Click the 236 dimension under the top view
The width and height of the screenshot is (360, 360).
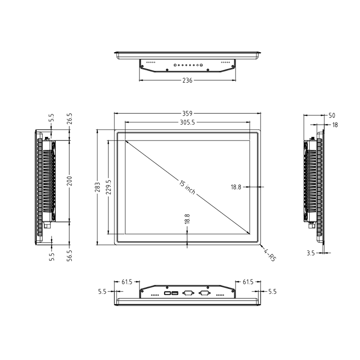click(x=187, y=81)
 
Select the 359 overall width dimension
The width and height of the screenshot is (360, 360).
click(x=187, y=113)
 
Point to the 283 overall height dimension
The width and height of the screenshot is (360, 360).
click(x=98, y=187)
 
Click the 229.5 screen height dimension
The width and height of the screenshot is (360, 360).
click(x=108, y=187)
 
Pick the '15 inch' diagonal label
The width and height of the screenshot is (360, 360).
click(x=187, y=187)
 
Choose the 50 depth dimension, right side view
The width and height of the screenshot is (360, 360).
click(x=332, y=116)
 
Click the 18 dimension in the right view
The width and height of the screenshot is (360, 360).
click(x=335, y=125)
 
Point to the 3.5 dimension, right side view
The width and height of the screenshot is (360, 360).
click(x=310, y=253)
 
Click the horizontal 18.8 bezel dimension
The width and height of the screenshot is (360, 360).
click(x=236, y=186)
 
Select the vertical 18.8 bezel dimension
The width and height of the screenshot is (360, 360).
click(x=187, y=219)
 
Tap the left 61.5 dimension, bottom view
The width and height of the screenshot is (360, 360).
click(x=127, y=282)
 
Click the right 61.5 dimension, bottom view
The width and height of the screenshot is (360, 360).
click(x=248, y=282)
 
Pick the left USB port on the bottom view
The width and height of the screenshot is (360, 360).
click(x=167, y=293)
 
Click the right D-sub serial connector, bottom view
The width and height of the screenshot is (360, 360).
click(x=204, y=293)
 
